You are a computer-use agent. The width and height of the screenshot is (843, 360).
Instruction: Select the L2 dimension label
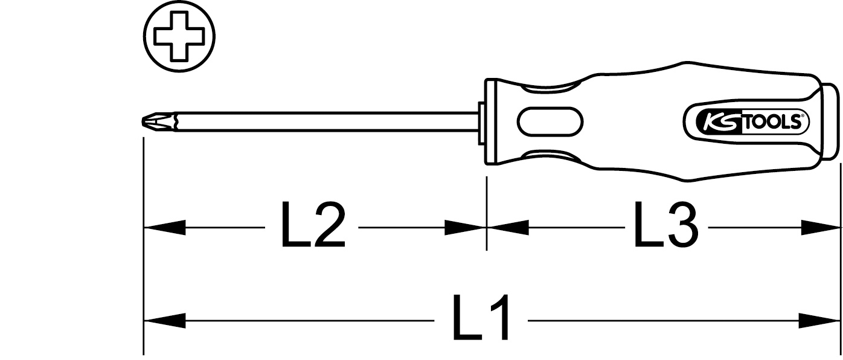(313, 225)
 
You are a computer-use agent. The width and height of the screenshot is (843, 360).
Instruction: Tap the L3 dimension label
(665, 225)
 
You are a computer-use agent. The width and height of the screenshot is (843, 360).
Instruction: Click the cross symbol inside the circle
(179, 36)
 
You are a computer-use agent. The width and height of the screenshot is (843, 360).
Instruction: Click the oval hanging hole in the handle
(550, 122)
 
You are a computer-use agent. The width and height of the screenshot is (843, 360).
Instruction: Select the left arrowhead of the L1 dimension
(164, 321)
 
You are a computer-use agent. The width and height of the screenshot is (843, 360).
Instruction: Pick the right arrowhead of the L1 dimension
(819, 321)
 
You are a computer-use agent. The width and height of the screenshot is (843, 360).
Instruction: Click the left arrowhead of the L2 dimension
(164, 228)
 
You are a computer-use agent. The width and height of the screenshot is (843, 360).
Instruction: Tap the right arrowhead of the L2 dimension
(465, 228)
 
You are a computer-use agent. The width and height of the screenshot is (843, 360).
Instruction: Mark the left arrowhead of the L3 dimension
(508, 228)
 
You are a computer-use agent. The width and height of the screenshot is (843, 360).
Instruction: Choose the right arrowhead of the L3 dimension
(819, 228)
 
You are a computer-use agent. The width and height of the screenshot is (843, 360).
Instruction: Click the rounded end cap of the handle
(829, 122)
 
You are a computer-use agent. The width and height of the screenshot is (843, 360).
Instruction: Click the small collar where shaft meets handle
(481, 122)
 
